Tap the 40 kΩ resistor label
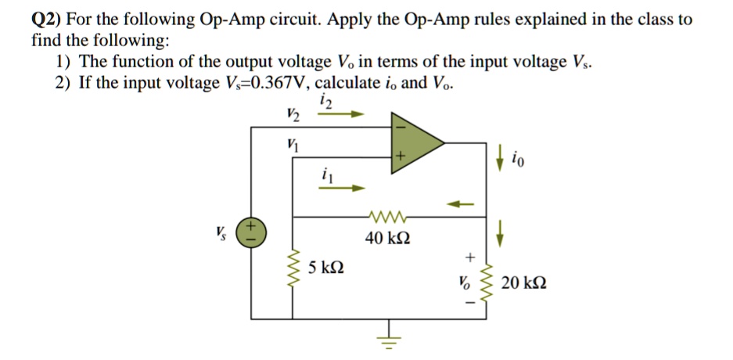(386, 237)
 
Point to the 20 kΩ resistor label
(524, 282)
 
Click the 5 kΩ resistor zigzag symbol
(294, 270)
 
